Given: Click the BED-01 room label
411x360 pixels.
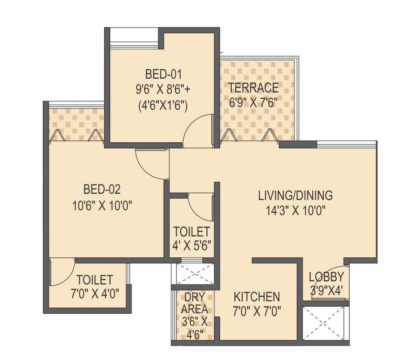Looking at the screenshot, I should click(164, 73).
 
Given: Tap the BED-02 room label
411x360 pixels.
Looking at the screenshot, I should click(102, 190).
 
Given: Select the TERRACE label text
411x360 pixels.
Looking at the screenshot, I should click(254, 88).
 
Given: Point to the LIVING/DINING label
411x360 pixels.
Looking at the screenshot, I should click(295, 195).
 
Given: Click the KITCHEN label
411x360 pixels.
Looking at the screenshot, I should click(257, 296).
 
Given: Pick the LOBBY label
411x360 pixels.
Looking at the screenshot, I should click(326, 277).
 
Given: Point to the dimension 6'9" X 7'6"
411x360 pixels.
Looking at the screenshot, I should click(253, 102).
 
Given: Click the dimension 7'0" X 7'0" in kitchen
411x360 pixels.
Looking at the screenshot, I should click(257, 311).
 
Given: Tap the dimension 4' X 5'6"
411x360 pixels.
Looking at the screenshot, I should click(192, 245).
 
